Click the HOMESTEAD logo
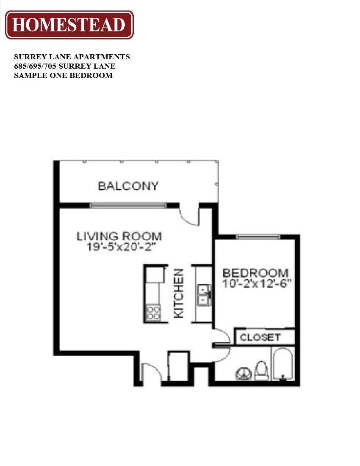69,25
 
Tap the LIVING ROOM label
119,236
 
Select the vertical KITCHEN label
179,294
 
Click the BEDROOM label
255,273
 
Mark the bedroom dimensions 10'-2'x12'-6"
258,284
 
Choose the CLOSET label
260,337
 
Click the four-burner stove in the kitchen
153,313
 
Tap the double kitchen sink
204,294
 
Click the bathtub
282,364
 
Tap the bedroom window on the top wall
258,236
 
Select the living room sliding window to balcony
128,205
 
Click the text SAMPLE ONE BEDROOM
64,75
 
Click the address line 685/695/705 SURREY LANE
65,66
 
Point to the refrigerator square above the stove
154,275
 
